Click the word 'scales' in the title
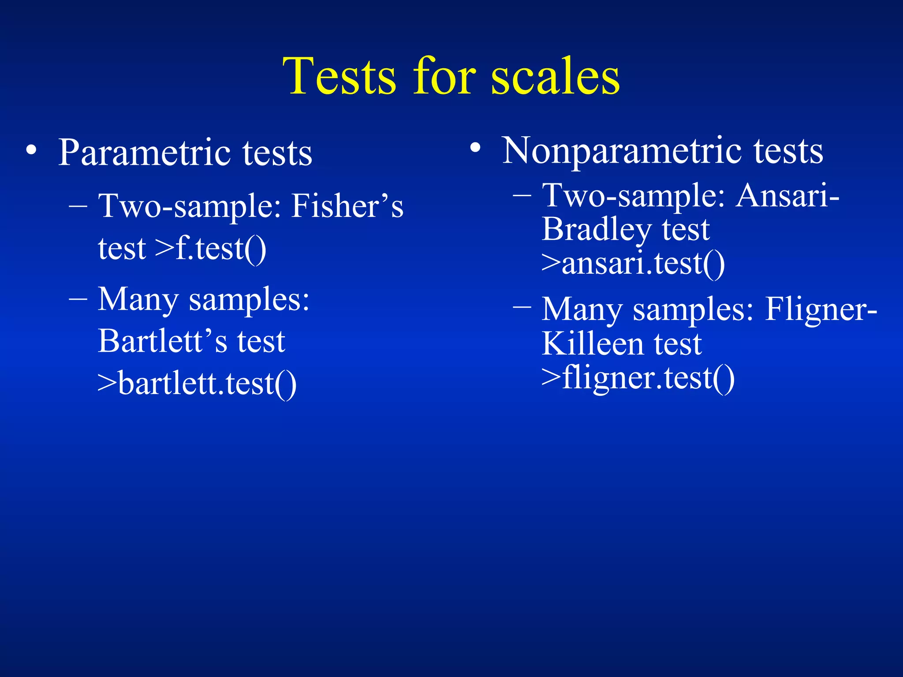(x=555, y=77)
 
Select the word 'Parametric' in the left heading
(x=145, y=153)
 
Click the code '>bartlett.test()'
(x=197, y=383)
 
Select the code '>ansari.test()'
(x=633, y=264)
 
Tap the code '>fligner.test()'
(x=638, y=378)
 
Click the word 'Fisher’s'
(x=347, y=206)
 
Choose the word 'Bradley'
(x=597, y=230)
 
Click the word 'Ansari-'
(x=787, y=195)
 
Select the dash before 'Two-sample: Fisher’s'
(x=78, y=206)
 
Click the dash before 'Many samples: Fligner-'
(x=522, y=306)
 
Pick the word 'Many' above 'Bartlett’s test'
(x=138, y=300)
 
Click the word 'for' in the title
(x=444, y=77)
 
